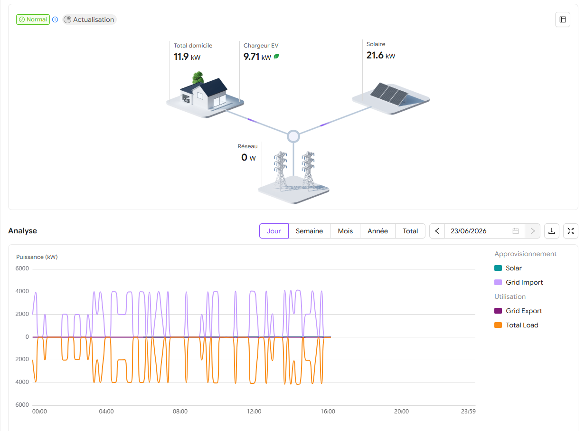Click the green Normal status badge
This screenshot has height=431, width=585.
(33, 19)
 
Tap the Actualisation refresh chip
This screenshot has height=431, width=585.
(89, 19)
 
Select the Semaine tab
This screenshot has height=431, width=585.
(309, 231)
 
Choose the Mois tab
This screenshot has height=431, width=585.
(345, 231)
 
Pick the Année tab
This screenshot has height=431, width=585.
(377, 231)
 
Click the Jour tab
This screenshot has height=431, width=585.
(274, 231)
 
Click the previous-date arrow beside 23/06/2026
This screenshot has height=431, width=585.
(437, 231)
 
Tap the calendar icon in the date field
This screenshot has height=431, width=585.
(516, 231)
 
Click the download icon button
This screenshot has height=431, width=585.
(552, 231)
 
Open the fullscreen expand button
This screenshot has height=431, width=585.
(571, 231)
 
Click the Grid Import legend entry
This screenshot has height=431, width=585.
(519, 282)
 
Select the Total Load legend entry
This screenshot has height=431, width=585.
(516, 325)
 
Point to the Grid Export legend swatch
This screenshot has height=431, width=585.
(498, 311)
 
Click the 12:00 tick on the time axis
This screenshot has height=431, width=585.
(254, 412)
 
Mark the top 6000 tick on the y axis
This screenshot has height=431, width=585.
(22, 268)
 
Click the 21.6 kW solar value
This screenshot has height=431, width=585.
(381, 56)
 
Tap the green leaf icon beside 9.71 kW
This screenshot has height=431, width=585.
(276, 57)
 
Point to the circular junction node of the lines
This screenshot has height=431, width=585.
(293, 136)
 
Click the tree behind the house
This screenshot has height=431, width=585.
(198, 77)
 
